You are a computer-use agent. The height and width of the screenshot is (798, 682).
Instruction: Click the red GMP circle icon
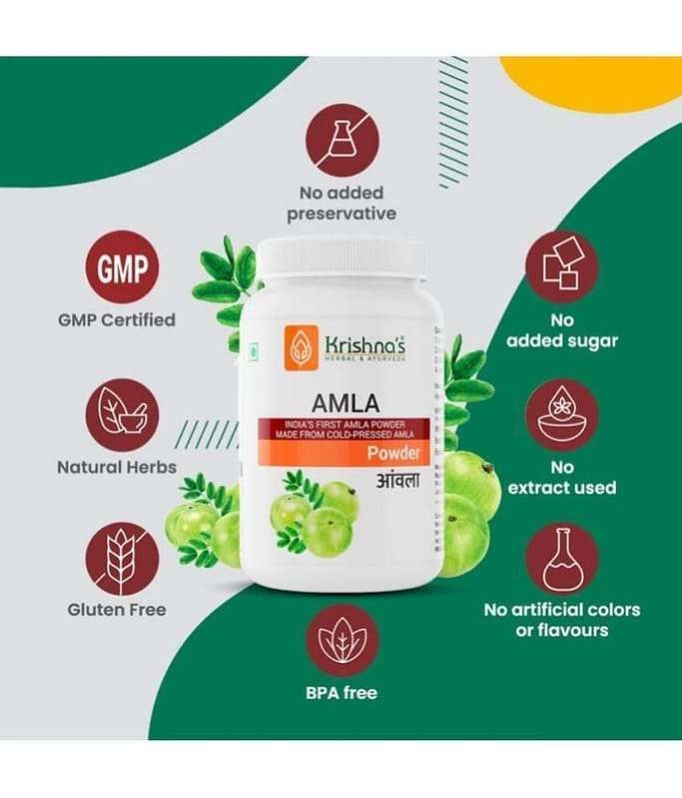click(x=122, y=267)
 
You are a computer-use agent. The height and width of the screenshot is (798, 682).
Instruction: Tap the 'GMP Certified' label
click(x=117, y=320)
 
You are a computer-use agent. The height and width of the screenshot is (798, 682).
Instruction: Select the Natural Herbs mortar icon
click(x=122, y=415)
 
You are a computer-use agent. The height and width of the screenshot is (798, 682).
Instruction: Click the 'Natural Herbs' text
click(x=117, y=467)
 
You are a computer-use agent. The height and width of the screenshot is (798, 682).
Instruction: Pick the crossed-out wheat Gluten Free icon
click(x=122, y=559)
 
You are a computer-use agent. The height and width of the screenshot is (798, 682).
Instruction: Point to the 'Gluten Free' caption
click(x=117, y=609)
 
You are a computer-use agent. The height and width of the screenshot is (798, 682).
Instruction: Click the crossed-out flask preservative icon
click(x=342, y=141)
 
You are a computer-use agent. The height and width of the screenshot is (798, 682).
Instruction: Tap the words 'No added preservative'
click(x=341, y=203)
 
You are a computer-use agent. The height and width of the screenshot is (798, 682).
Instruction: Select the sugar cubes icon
click(x=562, y=267)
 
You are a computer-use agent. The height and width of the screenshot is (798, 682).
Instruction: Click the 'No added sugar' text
click(x=562, y=331)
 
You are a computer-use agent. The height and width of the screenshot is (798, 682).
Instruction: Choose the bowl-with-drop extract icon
click(x=562, y=415)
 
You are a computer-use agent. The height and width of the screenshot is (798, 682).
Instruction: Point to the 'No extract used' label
click(x=562, y=478)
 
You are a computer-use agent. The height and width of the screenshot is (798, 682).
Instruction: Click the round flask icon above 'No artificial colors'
click(x=562, y=559)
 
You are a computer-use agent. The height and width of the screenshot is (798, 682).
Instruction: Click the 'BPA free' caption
click(x=341, y=693)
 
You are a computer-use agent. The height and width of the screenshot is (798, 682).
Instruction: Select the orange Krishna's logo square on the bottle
click(x=302, y=347)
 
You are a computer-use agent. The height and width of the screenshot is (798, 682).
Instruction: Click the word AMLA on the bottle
click(x=345, y=404)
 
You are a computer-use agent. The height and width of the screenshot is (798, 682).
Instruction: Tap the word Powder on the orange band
click(x=393, y=453)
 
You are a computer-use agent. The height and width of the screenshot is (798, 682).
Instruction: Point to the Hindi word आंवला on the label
click(x=398, y=480)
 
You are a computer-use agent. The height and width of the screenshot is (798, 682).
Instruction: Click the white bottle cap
click(x=341, y=258)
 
